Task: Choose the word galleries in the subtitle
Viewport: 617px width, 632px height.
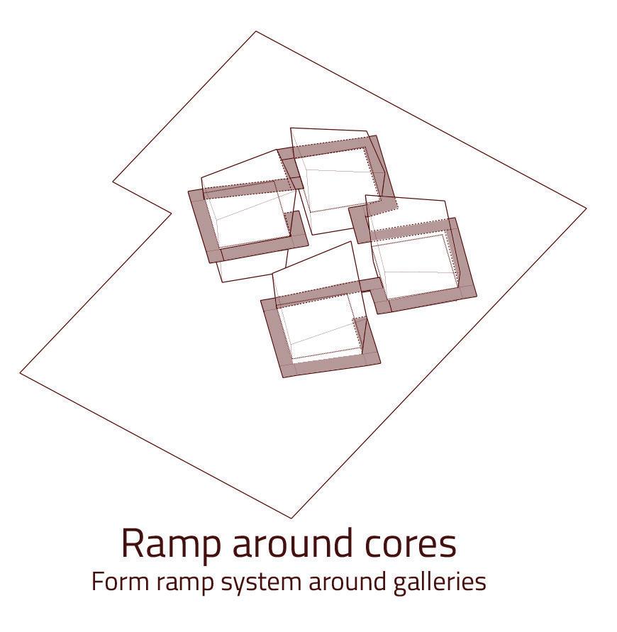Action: (x=439, y=582)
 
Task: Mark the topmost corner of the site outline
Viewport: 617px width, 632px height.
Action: (x=256, y=31)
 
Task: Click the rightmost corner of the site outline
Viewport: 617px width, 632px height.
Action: (x=586, y=208)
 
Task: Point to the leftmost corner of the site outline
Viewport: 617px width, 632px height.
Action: (x=20, y=371)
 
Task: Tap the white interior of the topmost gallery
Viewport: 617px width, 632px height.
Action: (x=337, y=181)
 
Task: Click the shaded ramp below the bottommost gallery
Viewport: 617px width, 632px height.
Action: (x=330, y=367)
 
